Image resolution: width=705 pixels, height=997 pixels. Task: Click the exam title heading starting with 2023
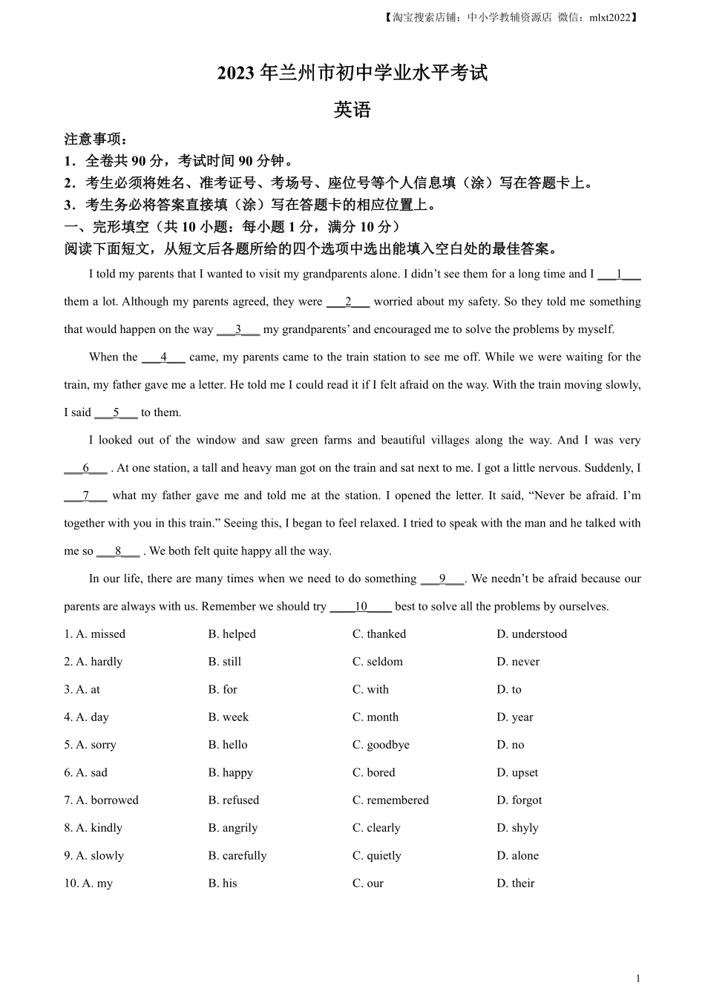(x=352, y=73)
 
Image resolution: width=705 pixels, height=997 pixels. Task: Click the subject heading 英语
(x=352, y=110)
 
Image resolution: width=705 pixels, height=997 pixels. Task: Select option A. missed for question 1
(x=94, y=634)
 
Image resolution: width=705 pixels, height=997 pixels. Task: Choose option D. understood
(x=531, y=634)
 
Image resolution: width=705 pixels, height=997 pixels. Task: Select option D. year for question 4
(x=515, y=717)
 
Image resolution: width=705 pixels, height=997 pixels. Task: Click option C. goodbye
(x=381, y=744)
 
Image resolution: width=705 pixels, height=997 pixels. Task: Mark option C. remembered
(x=390, y=800)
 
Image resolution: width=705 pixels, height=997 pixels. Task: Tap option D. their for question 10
(x=516, y=883)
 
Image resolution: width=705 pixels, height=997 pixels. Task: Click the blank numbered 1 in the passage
(x=619, y=274)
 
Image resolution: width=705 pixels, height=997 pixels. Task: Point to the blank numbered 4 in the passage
(x=163, y=357)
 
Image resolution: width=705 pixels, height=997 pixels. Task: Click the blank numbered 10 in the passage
(x=361, y=606)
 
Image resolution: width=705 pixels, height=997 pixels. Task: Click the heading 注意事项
(x=96, y=139)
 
